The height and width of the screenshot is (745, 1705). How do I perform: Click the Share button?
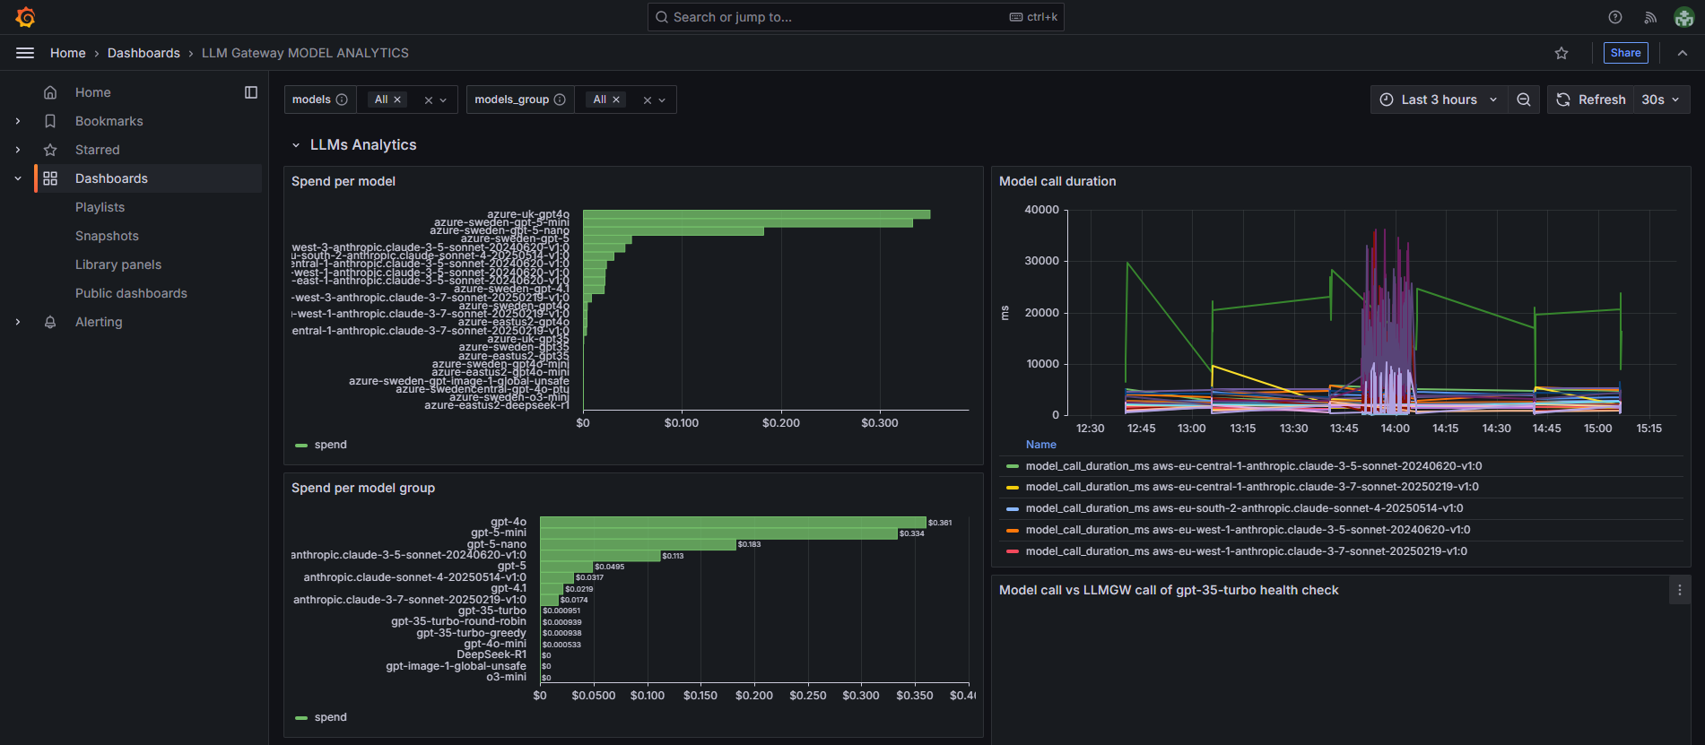[x=1624, y=53]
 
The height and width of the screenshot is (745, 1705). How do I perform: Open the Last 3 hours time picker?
[x=1438, y=100]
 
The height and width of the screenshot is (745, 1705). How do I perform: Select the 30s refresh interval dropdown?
[x=1660, y=100]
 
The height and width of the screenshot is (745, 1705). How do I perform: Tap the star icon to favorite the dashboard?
[x=1561, y=53]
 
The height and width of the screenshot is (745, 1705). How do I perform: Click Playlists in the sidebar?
[x=100, y=207]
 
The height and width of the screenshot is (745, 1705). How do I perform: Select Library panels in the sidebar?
[x=118, y=264]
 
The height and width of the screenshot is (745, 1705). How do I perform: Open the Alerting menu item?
[x=99, y=322]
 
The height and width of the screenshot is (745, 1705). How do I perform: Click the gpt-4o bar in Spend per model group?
[x=732, y=522]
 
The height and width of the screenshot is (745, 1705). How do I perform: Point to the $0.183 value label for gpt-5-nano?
[x=749, y=544]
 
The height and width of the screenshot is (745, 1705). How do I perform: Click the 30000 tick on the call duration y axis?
[x=1041, y=261]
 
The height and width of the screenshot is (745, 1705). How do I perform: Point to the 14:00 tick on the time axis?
[x=1395, y=429]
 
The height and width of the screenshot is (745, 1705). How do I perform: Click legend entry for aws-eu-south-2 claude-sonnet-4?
[x=1243, y=508]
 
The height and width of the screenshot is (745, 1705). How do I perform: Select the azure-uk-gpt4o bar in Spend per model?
[x=755, y=214]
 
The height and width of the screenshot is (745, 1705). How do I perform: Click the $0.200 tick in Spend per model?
[x=780, y=423]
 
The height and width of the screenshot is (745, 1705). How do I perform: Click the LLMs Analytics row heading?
[x=362, y=144]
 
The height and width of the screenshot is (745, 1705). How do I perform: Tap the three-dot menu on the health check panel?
[x=1679, y=590]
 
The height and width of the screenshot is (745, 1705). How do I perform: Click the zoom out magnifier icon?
[x=1523, y=100]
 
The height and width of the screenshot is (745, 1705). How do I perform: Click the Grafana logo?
[x=25, y=17]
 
